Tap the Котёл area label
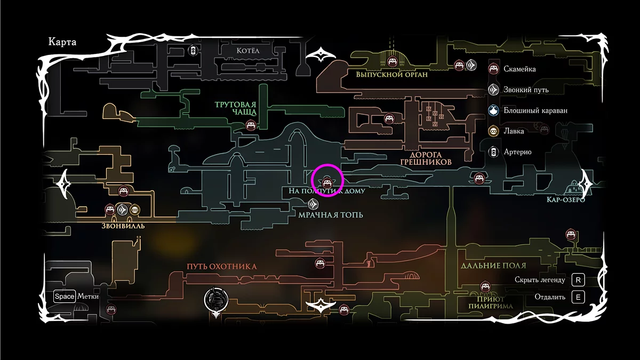[x=247, y=50]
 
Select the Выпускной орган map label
[x=392, y=75]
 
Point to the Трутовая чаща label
[x=236, y=108]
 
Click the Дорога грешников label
[x=426, y=158]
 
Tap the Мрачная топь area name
[x=331, y=215]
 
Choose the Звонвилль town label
[x=123, y=225]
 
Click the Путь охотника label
[x=222, y=266]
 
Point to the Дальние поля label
[x=493, y=265]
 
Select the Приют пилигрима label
[x=491, y=302]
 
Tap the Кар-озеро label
[x=566, y=199]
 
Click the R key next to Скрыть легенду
[x=578, y=279]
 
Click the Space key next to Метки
[x=64, y=297]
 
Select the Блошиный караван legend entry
[x=535, y=110]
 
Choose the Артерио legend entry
[x=517, y=152]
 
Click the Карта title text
[x=62, y=42]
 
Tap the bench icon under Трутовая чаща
[x=251, y=126]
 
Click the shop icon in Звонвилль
[x=135, y=210]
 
